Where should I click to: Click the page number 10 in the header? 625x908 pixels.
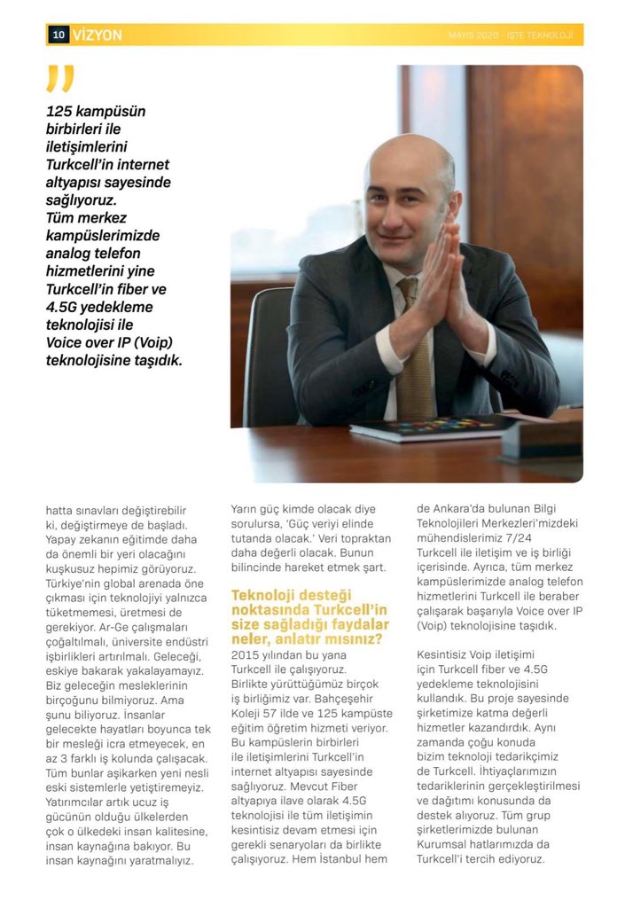(59, 35)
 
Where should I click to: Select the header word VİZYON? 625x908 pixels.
(98, 35)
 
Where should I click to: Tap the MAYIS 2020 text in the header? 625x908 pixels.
(473, 35)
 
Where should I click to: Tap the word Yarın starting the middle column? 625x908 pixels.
(246, 510)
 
